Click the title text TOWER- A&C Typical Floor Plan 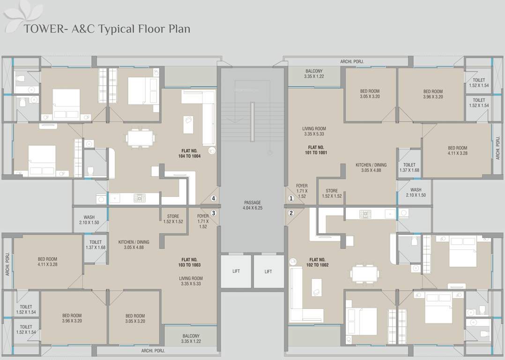pyautogui.click(x=107, y=29)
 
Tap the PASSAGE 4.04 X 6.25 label pyautogui.click(x=252, y=205)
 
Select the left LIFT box pyautogui.click(x=236, y=271)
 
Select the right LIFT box pyautogui.click(x=268, y=271)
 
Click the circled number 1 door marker pyautogui.click(x=291, y=198)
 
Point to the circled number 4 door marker pyautogui.click(x=213, y=198)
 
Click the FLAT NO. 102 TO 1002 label pyautogui.click(x=317, y=262)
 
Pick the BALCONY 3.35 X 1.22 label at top pyautogui.click(x=314, y=73)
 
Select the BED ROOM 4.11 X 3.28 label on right pyautogui.click(x=457, y=150)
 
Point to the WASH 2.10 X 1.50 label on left pyautogui.click(x=89, y=220)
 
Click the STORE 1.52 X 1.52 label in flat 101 pyautogui.click(x=332, y=194)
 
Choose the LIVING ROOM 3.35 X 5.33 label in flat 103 pyautogui.click(x=191, y=281)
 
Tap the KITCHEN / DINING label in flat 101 pyautogui.click(x=371, y=167)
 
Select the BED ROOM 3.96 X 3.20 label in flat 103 pyautogui.click(x=72, y=318)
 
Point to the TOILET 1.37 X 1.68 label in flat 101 pyautogui.click(x=409, y=167)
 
